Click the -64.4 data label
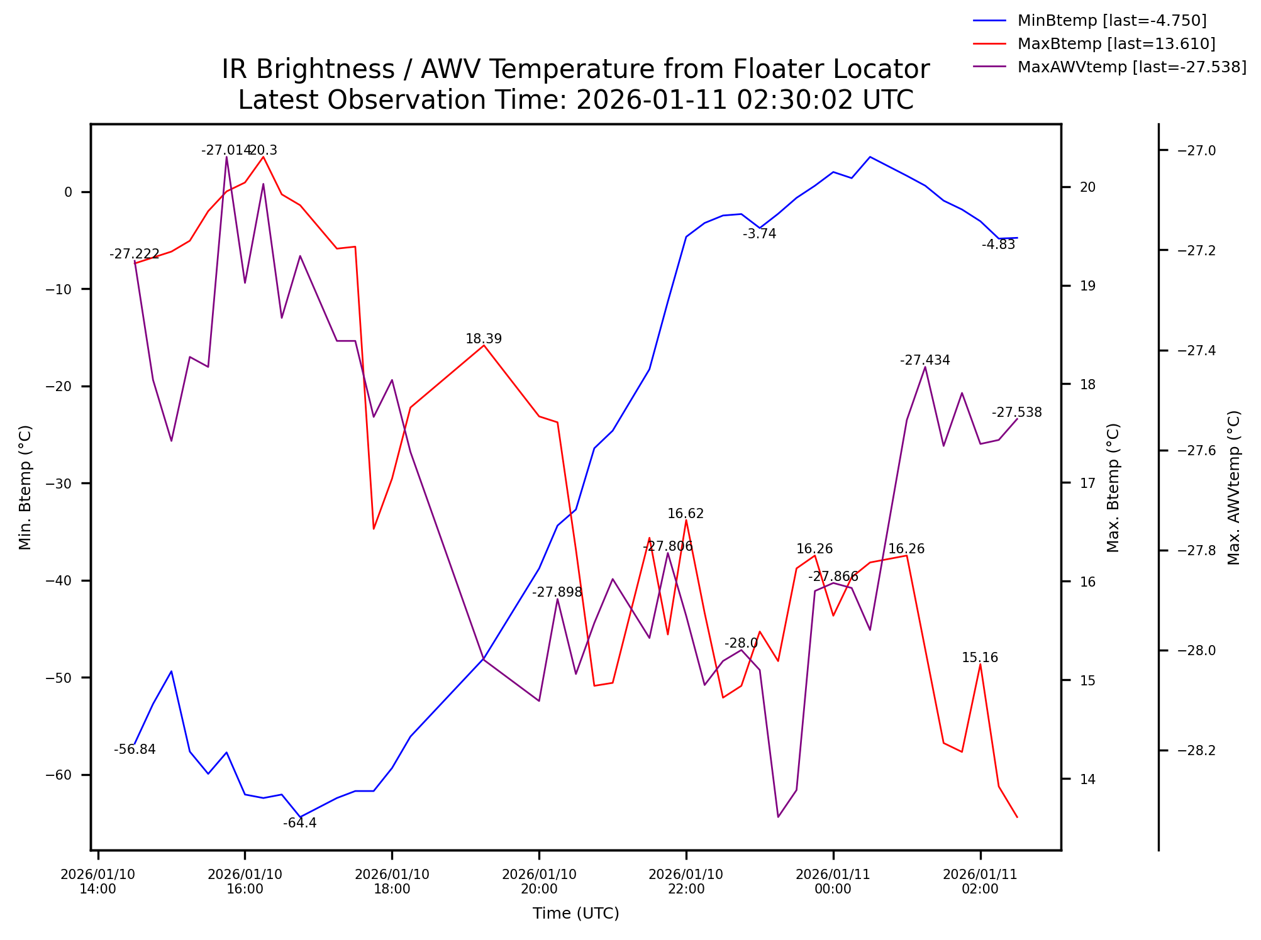[299, 823]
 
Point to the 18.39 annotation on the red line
[483, 339]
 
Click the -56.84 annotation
[135, 749]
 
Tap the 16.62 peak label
[686, 514]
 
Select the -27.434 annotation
[925, 360]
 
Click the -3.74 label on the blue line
[759, 234]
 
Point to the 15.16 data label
[979, 658]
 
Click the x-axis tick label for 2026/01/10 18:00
[392, 882]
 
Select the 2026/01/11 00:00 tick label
[833, 882]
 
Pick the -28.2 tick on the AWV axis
[1196, 751]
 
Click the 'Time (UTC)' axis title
[575, 914]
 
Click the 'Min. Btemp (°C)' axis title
[25, 488]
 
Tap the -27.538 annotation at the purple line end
[1016, 412]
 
